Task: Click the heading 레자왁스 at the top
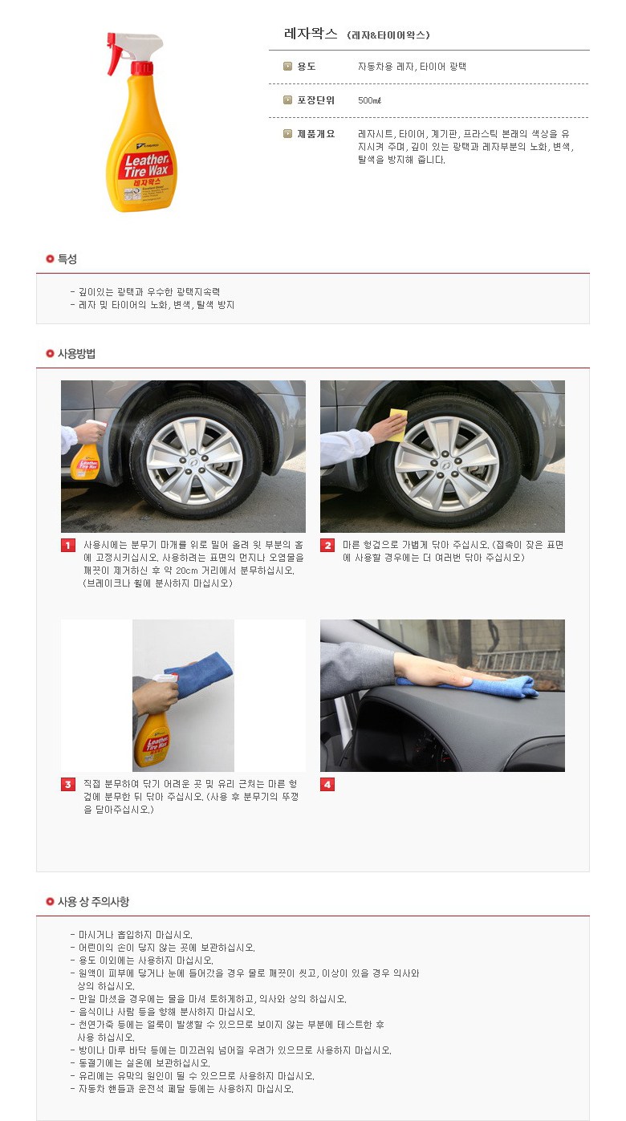(x=311, y=34)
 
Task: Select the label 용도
(x=307, y=67)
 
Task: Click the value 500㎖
(x=369, y=100)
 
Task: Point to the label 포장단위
(x=315, y=100)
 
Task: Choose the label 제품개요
(x=315, y=134)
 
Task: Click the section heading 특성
(x=67, y=258)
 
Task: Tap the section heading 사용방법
(x=76, y=353)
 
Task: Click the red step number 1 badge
(x=68, y=545)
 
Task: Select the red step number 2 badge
(x=327, y=545)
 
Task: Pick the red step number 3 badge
(x=68, y=784)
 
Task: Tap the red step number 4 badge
(x=327, y=784)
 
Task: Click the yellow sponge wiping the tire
(x=398, y=424)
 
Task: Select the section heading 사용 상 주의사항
(x=93, y=901)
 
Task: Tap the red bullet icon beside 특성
(x=50, y=258)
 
